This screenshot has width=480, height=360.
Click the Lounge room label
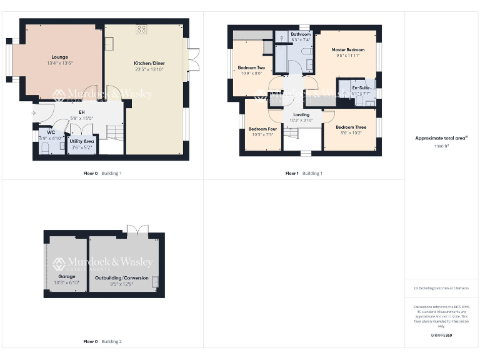tap(60, 56)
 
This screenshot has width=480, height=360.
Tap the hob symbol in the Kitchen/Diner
tap(142, 28)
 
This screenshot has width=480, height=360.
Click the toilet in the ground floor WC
tap(44, 147)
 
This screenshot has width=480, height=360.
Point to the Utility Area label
tap(82, 141)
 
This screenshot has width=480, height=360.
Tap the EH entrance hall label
tap(82, 111)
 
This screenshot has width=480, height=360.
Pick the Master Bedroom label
tap(348, 49)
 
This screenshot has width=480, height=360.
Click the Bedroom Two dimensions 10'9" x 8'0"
tap(251, 73)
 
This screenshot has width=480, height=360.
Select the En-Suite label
tap(360, 88)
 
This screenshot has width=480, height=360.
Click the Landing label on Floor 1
tap(301, 114)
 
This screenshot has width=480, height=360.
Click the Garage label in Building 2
tap(67, 276)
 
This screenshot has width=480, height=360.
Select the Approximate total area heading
tap(441, 138)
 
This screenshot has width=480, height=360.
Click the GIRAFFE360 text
tap(441, 336)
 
